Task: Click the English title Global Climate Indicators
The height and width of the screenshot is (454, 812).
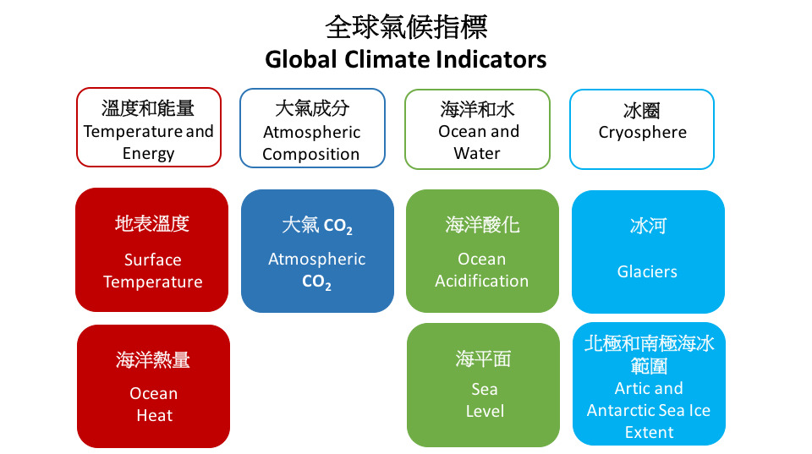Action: click(405, 59)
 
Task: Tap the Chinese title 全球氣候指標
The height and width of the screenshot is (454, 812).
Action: click(406, 27)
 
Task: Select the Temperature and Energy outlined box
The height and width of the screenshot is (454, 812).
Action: click(149, 128)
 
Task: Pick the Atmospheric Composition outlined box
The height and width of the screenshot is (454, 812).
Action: click(312, 128)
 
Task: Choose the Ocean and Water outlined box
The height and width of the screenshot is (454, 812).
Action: click(477, 129)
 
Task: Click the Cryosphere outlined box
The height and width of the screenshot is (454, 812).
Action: click(642, 129)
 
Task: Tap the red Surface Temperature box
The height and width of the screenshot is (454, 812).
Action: click(151, 249)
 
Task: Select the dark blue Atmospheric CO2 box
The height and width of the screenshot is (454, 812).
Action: click(317, 250)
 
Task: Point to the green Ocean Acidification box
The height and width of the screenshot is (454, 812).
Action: click(482, 250)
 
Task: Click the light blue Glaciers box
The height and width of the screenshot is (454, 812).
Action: click(648, 252)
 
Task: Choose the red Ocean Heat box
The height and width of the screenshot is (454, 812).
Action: click(153, 386)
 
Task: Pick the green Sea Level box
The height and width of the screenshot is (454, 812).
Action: click(483, 385)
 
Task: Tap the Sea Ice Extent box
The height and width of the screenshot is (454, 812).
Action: click(649, 384)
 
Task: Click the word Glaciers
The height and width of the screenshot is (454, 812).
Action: click(647, 271)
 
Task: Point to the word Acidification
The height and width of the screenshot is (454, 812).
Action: click(481, 281)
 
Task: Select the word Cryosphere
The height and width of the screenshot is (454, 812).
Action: click(642, 133)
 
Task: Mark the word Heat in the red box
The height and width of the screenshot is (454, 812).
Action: click(154, 415)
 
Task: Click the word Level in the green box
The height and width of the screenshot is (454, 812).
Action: click(485, 411)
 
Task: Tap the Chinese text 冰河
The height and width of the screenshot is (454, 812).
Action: click(648, 226)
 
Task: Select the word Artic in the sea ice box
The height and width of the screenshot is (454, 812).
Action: click(629, 388)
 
